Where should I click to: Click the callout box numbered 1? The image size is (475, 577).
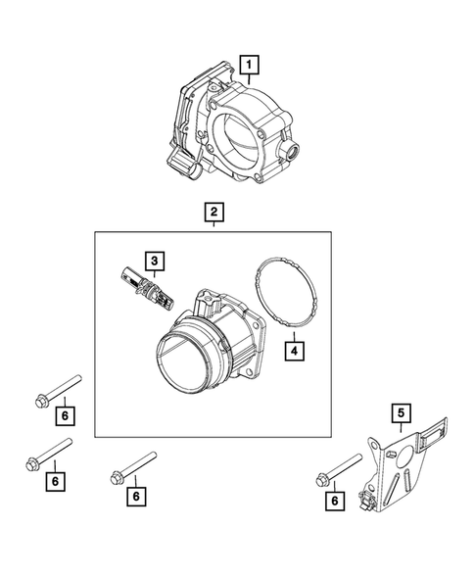[x=251, y=66]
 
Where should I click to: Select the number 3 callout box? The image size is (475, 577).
[x=154, y=261]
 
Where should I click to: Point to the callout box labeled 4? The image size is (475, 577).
[x=293, y=348]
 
